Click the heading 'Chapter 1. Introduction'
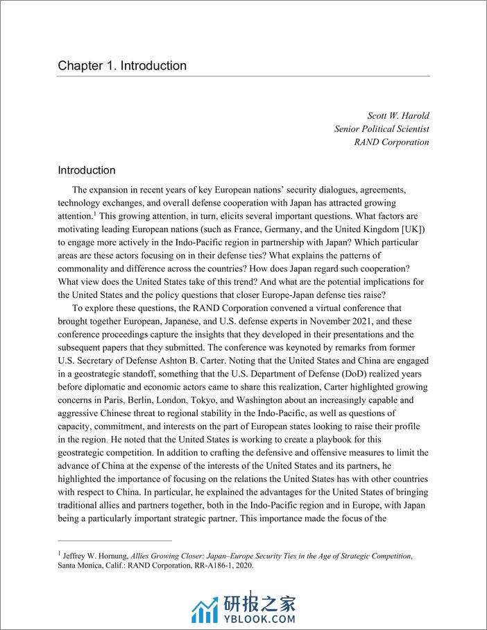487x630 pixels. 122,66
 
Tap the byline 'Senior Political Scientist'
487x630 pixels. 382,129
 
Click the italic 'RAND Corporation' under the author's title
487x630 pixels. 391,142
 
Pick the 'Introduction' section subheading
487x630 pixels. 87,170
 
